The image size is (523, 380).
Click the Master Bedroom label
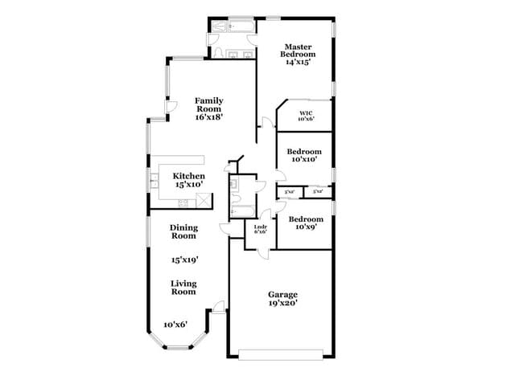[x=295, y=55]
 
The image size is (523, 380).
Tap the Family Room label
[x=208, y=108]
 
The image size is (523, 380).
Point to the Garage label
[x=283, y=299]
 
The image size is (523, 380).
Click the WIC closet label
[x=306, y=116]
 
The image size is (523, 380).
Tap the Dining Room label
[x=183, y=231]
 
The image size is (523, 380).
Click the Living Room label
[x=183, y=287]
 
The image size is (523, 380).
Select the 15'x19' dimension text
[x=184, y=260]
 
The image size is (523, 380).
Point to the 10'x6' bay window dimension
[x=175, y=325]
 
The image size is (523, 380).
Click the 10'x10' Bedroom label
[x=305, y=155]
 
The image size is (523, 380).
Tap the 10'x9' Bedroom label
[x=305, y=223]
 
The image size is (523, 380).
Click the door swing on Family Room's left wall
[x=171, y=108]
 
